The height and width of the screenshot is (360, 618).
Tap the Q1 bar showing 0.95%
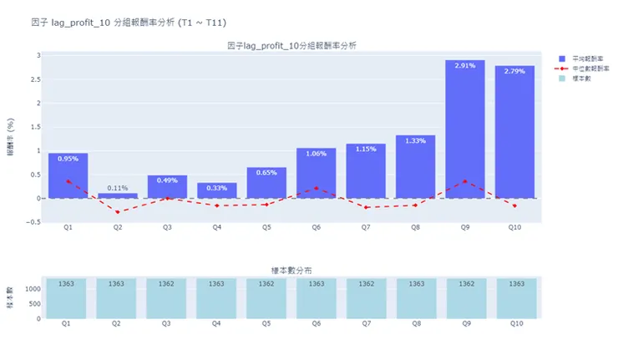[68, 175]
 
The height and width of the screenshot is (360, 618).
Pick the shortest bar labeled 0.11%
[118, 195]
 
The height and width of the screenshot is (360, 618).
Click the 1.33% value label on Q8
[415, 140]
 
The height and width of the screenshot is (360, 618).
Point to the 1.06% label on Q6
[316, 154]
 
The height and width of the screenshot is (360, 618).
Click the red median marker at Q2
[118, 212]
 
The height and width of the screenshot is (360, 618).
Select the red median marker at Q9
[465, 181]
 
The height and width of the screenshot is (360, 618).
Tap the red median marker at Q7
[366, 207]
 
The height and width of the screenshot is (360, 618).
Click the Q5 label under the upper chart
[266, 227]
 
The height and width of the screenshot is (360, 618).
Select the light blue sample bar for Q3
[167, 298]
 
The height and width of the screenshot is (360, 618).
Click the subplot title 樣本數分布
[292, 271]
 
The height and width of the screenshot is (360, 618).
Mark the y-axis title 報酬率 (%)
[11, 138]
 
